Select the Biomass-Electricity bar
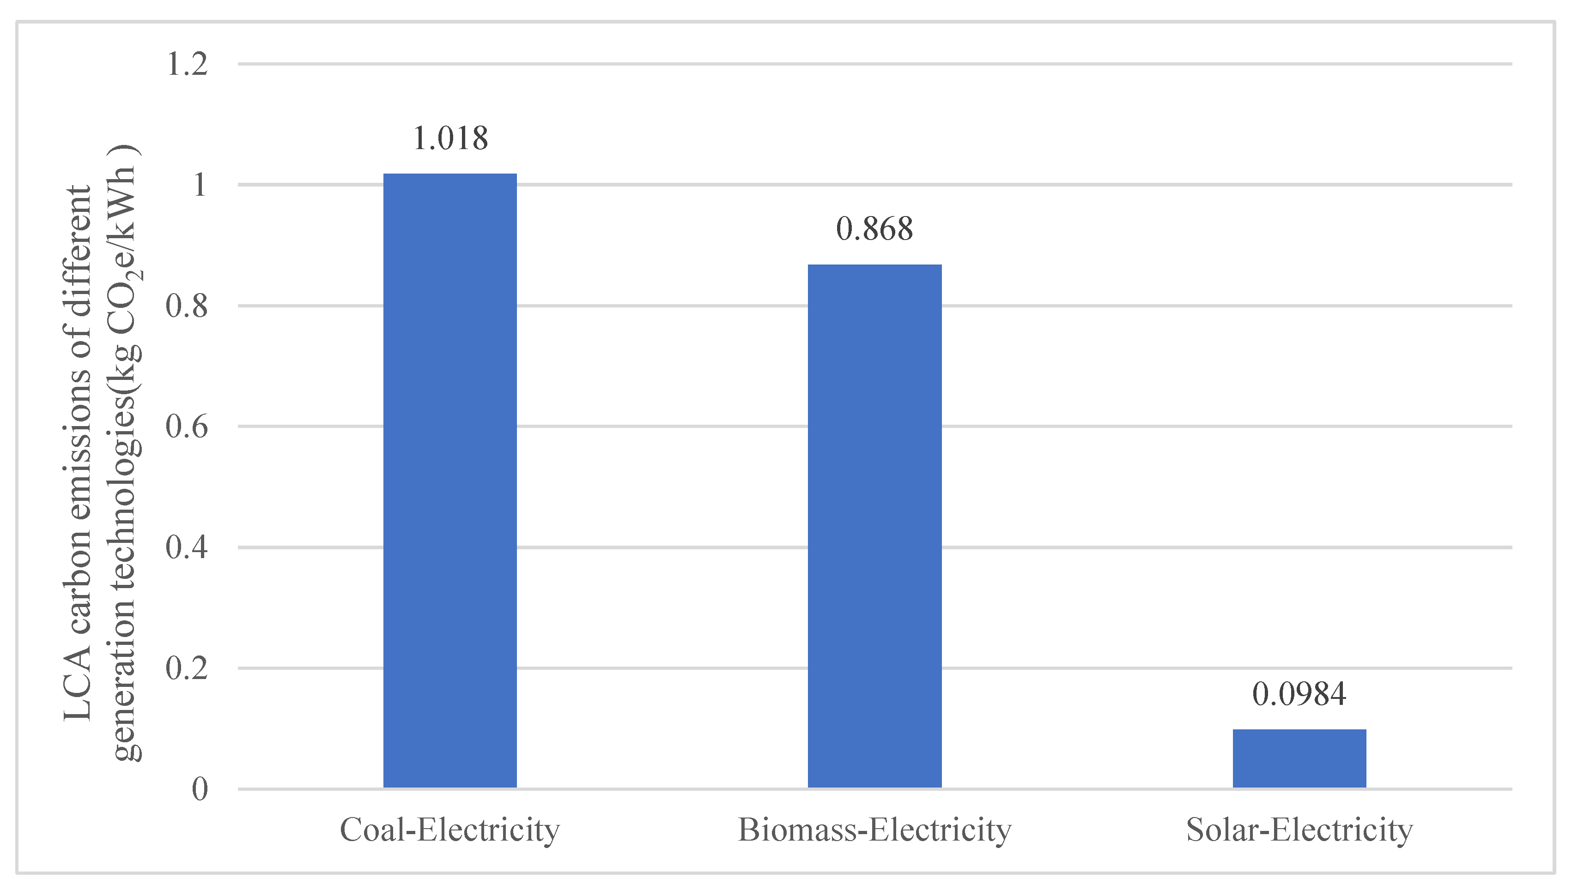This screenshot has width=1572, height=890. (874, 526)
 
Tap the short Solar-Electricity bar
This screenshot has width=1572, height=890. (1299, 758)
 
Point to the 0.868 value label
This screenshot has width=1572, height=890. (874, 229)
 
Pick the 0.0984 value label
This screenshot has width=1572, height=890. (1299, 694)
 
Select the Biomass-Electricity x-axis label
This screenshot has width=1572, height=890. (874, 830)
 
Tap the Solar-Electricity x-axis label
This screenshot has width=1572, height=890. (1299, 830)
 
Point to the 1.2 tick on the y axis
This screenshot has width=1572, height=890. (187, 64)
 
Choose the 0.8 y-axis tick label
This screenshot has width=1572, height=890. (187, 306)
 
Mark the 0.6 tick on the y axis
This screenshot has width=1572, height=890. (187, 426)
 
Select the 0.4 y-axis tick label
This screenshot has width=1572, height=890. (187, 547)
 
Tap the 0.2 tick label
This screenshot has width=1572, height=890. (187, 668)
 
